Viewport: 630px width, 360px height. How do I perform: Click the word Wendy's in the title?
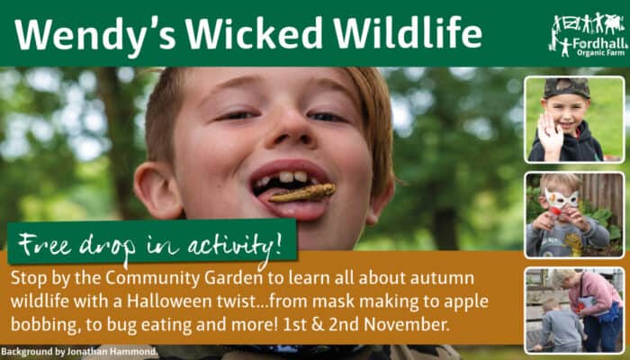click(94, 35)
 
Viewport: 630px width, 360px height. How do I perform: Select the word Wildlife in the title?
click(408, 33)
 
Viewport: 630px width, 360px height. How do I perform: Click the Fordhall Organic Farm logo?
click(589, 35)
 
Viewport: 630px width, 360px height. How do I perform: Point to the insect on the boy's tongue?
click(301, 193)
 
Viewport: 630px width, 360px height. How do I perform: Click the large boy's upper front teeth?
click(292, 176)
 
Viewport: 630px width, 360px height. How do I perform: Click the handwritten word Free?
click(45, 244)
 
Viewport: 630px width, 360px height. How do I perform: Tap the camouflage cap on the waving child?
click(566, 88)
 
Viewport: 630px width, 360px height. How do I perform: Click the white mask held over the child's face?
click(562, 199)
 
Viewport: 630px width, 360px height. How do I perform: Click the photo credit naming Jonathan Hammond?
click(79, 353)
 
